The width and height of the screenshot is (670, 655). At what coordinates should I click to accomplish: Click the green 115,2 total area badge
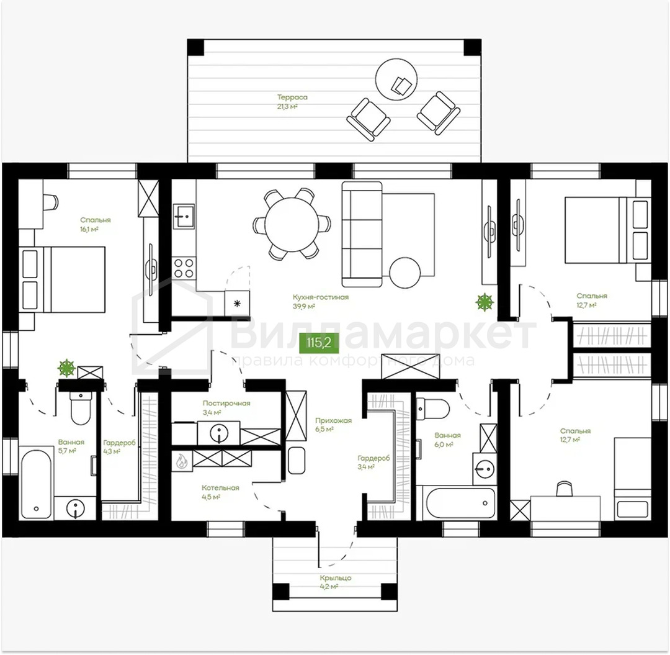point(319,342)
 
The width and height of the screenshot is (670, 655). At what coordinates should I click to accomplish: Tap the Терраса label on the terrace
point(292,97)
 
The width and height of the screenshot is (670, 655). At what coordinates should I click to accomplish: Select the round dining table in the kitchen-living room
point(292,224)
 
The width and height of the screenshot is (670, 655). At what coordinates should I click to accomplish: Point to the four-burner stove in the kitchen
point(184,268)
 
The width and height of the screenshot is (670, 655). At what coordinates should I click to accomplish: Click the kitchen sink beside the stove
point(184,217)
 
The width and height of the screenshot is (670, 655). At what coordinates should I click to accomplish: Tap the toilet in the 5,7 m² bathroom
point(80,408)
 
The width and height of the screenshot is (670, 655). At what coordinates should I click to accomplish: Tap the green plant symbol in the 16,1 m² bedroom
point(66,368)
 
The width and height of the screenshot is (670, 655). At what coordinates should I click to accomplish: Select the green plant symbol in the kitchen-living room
point(485,302)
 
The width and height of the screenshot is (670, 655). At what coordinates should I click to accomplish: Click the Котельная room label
point(220,488)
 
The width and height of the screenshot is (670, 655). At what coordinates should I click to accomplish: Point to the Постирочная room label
point(226,403)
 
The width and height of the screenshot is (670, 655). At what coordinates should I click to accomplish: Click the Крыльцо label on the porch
point(336,577)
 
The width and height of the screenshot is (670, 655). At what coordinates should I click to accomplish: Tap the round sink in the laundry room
point(219,433)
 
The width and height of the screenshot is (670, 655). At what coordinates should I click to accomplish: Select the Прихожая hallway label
point(333,421)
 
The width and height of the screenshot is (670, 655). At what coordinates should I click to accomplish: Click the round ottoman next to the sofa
point(405,273)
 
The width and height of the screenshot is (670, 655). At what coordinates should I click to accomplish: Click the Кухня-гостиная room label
point(321,297)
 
